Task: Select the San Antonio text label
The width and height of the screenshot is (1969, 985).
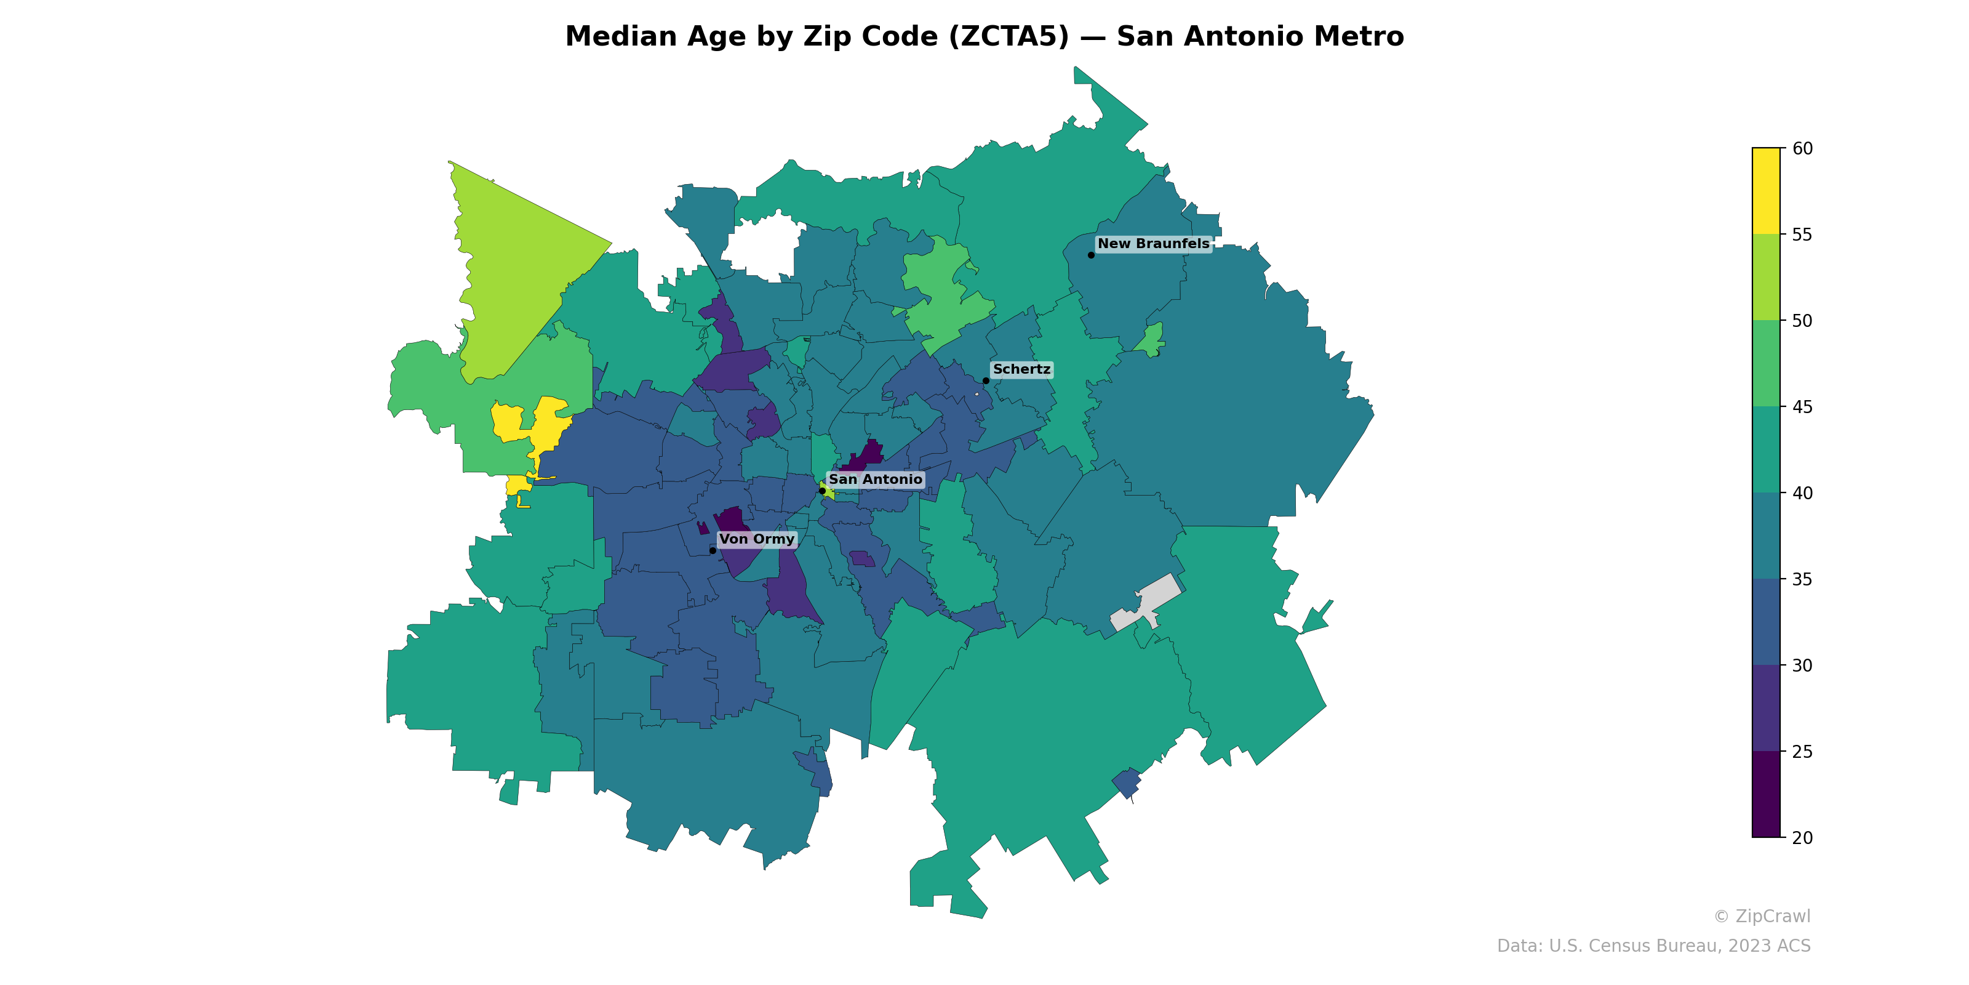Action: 875,480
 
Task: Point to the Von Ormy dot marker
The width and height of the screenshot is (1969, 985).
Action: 713,550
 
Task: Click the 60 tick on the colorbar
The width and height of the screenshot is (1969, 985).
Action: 1802,148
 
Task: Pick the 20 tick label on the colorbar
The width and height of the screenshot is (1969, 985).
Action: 1802,837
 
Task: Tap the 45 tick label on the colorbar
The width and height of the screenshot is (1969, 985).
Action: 1802,407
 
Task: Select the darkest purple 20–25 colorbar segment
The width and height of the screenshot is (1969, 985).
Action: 1766,794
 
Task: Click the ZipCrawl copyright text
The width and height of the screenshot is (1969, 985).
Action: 1762,916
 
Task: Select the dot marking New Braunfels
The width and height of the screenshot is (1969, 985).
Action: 1091,255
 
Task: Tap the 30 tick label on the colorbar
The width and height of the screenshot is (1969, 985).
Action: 1802,665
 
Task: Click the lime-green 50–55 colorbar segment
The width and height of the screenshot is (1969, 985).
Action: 1766,277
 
